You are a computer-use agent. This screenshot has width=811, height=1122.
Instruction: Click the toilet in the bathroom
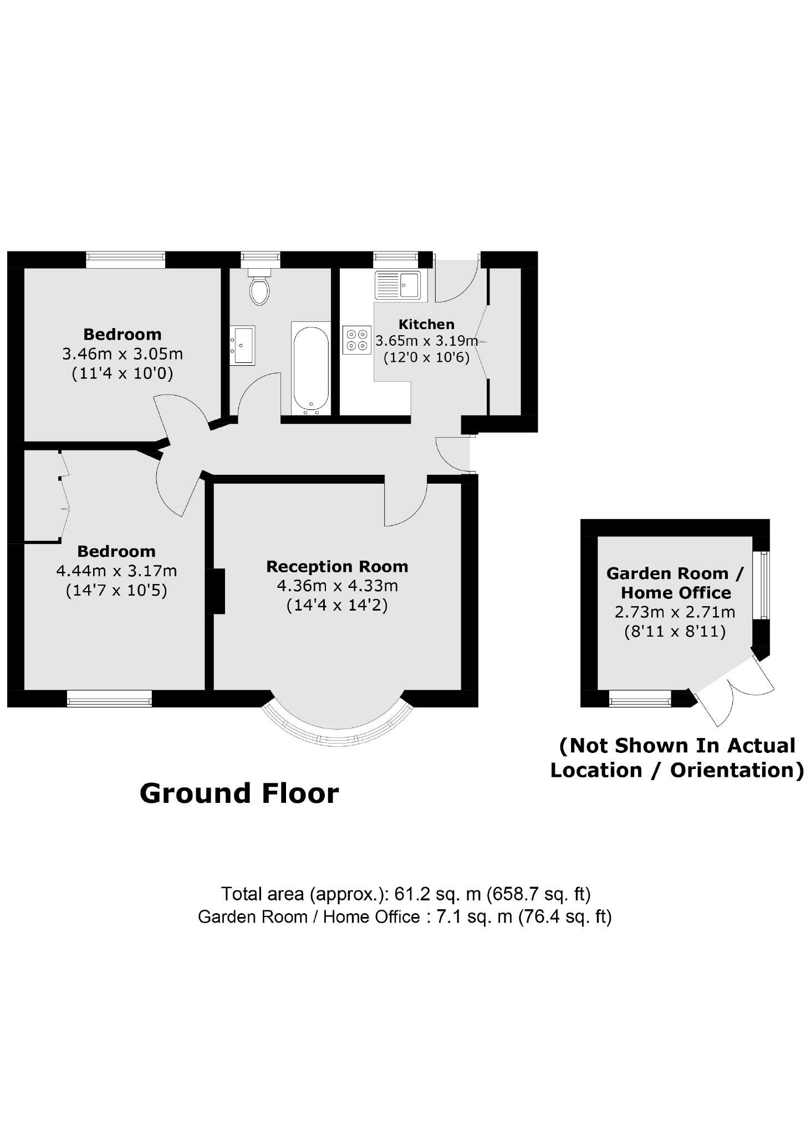(x=259, y=288)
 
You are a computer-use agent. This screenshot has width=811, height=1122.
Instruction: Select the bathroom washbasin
(x=242, y=345)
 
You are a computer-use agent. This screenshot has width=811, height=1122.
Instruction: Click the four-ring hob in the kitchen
(x=356, y=340)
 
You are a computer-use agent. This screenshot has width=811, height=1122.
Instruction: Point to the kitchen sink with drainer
(x=397, y=285)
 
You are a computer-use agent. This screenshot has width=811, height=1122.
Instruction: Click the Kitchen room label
(x=426, y=324)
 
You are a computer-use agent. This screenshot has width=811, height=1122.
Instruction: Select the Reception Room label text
(x=337, y=566)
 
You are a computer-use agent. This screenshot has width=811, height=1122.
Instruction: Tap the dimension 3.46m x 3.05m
(x=123, y=353)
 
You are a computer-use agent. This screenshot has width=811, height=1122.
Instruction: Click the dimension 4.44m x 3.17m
(x=116, y=570)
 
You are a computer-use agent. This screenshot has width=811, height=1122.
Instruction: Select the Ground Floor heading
(x=239, y=793)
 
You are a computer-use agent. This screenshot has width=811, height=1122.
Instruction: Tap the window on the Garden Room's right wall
(x=763, y=585)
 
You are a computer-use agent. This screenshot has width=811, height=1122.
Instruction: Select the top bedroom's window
(x=126, y=259)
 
